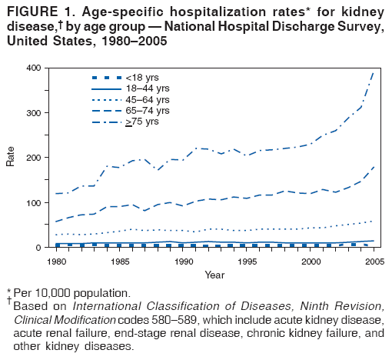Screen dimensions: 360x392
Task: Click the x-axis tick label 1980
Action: (x=54, y=261)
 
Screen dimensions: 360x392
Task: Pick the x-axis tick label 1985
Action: (x=119, y=261)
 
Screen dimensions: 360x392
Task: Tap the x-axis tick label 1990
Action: (x=184, y=261)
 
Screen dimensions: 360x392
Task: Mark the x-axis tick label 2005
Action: (x=374, y=261)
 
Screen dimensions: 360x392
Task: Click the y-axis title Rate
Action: (x=10, y=157)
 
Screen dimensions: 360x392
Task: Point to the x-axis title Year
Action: (x=214, y=273)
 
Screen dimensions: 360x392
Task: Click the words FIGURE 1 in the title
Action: (x=35, y=12)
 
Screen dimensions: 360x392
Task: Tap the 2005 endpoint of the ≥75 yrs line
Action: (x=374, y=71)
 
